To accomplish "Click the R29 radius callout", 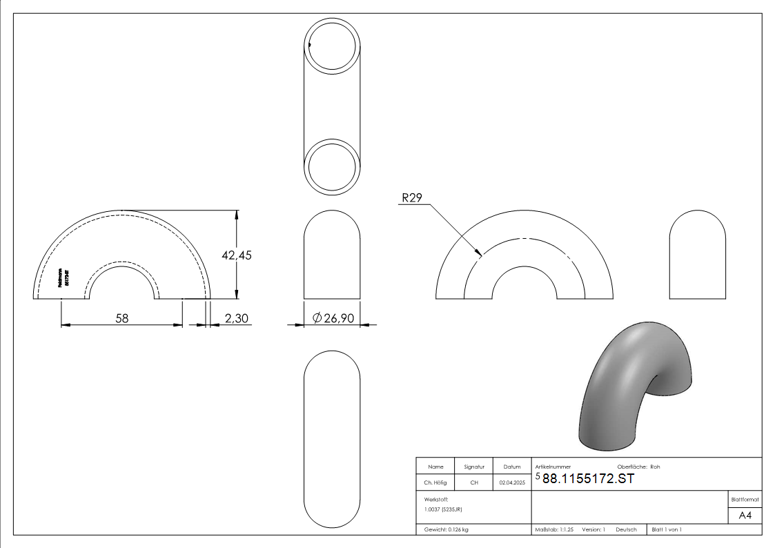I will tap(413, 198).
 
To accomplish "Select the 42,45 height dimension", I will tap(237, 255).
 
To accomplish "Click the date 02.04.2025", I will tap(512, 483).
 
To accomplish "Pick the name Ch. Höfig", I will tap(435, 483).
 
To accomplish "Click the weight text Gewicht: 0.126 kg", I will tap(446, 530).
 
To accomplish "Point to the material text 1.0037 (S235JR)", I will tap(443, 509).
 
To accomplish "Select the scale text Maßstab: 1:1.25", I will tap(554, 530).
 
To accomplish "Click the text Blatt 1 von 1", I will tap(666, 530).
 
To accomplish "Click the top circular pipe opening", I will tap(332, 46).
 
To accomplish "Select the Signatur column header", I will tap(474, 467).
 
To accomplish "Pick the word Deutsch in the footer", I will tap(626, 530).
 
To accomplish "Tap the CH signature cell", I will tap(474, 483).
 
